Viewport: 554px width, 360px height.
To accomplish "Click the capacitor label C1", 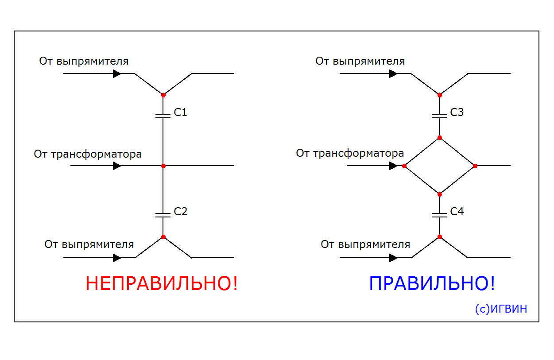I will (181, 112).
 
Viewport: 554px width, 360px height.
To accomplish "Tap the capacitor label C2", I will (181, 212).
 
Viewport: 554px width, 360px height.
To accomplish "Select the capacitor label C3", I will (457, 112).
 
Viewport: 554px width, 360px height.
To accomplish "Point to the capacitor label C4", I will (457, 212).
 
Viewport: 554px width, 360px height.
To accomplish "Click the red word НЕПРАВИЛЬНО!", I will (162, 284).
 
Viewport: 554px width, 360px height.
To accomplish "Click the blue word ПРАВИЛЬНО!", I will (432, 284).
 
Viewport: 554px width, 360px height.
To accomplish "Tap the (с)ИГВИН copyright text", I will (501, 309).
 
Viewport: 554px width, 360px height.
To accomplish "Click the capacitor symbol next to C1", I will (163, 116).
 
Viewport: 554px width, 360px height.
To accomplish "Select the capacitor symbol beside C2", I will (163, 215).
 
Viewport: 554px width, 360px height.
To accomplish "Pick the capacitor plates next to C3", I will (439, 116).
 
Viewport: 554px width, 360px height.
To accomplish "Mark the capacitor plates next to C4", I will (439, 215).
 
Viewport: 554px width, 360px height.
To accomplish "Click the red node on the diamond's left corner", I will (404, 166).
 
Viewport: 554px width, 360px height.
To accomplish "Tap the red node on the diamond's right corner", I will (475, 166).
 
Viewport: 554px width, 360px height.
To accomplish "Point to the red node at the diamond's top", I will (439, 138).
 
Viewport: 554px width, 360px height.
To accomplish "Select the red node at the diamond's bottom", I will (439, 194).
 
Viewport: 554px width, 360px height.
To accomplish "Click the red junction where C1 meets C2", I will (163, 166).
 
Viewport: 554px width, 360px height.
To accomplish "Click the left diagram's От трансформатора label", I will (88, 155).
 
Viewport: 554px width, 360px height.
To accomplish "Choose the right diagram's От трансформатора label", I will (350, 154).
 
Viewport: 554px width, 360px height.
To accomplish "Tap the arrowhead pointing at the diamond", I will (393, 166).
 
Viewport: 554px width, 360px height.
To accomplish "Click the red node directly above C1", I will (163, 95).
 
